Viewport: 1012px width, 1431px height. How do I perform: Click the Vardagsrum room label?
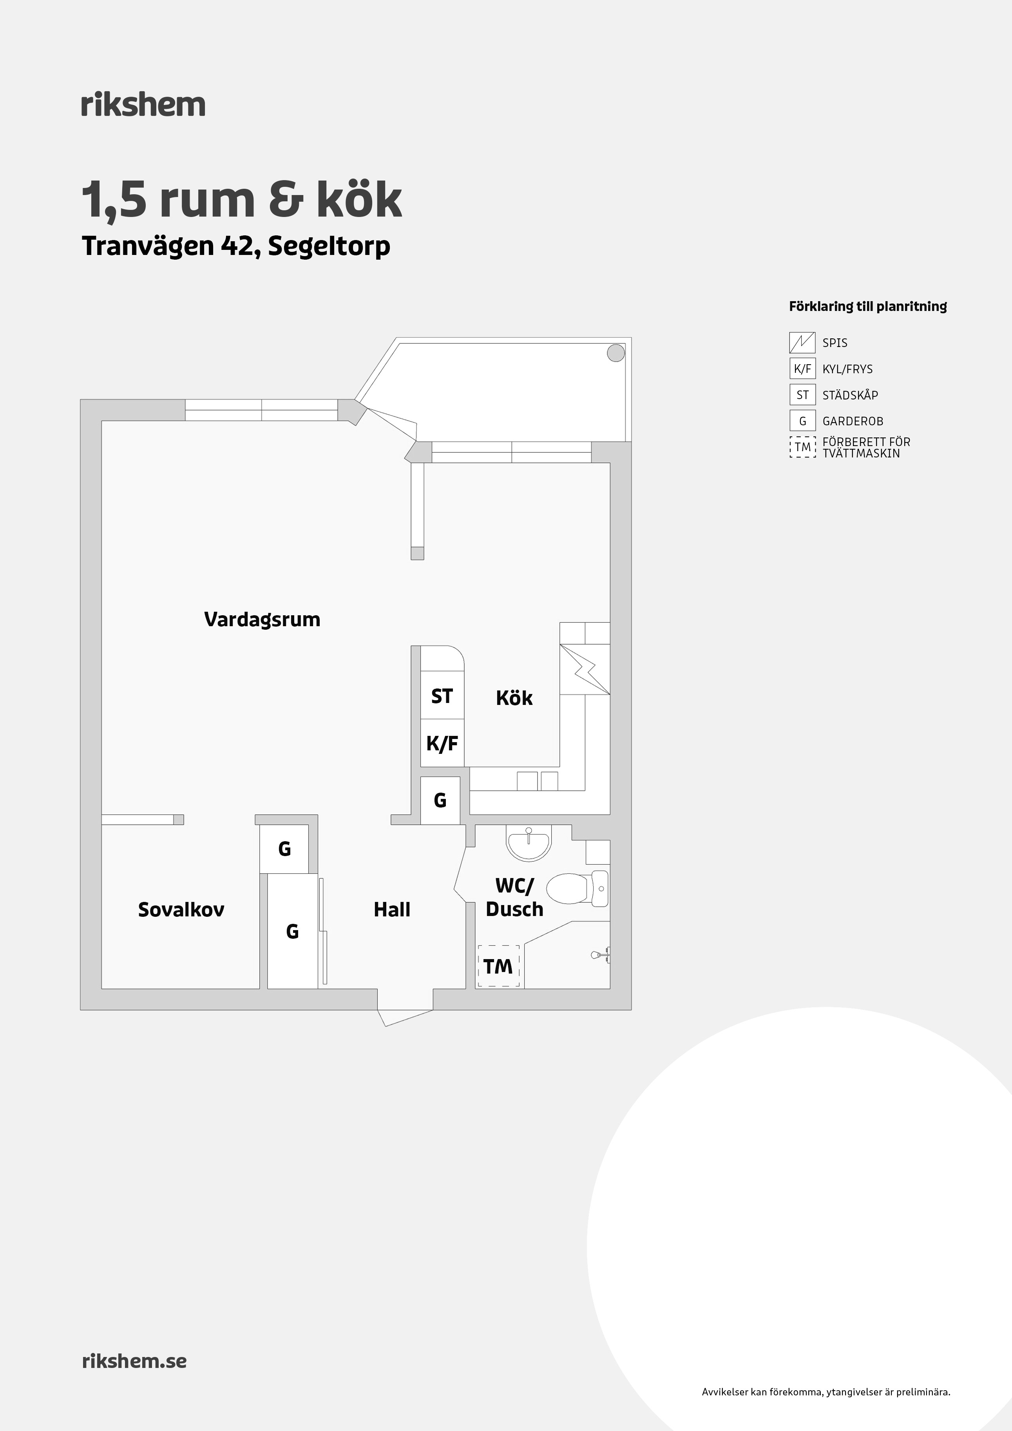click(262, 620)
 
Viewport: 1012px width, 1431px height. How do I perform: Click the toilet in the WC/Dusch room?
click(578, 889)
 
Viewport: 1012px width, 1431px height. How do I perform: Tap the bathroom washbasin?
click(529, 843)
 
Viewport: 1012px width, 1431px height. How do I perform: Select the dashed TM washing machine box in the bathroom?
click(498, 966)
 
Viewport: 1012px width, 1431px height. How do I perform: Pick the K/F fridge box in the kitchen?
click(442, 743)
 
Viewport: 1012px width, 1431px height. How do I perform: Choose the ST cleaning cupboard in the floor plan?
click(442, 696)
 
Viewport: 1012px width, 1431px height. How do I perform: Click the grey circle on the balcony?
click(616, 353)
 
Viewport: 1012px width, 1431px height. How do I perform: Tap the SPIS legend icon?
click(802, 343)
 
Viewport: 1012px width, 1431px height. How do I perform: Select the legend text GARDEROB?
click(853, 421)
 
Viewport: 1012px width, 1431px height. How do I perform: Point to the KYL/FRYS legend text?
click(847, 369)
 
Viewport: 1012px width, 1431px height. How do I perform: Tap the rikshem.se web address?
click(134, 1361)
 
